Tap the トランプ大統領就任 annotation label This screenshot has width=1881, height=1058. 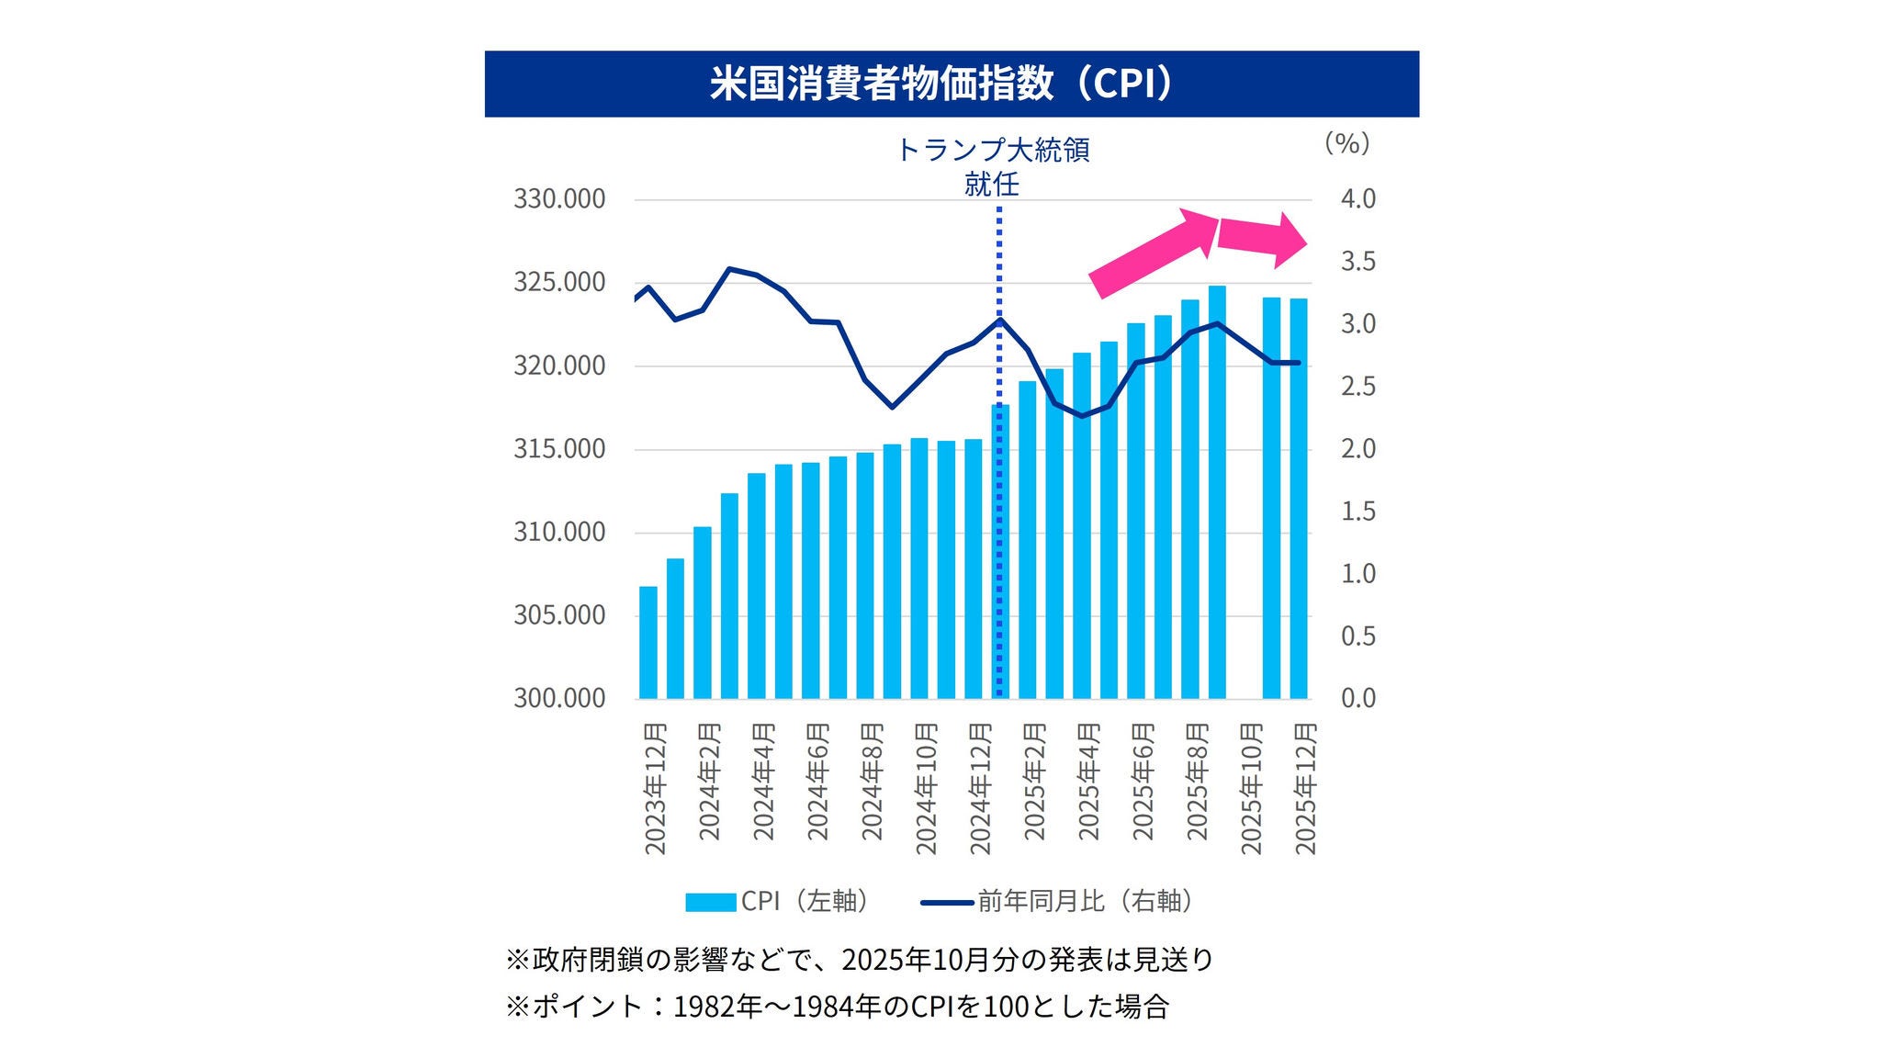[992, 166]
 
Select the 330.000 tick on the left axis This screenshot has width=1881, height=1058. [558, 199]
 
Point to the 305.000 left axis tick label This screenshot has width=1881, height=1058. [558, 615]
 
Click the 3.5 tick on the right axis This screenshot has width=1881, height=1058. [1357, 262]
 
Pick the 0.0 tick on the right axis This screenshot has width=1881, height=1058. [1357, 698]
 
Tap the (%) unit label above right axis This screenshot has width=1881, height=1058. [1346, 143]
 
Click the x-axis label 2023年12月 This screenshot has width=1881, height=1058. [655, 788]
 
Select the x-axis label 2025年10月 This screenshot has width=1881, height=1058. [1252, 788]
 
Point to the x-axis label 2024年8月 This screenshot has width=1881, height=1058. [872, 782]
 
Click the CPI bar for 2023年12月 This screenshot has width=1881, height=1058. [648, 643]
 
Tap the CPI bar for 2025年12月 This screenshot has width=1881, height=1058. [1298, 498]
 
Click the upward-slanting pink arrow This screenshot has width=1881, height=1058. [1154, 252]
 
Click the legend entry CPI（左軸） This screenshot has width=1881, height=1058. [777, 902]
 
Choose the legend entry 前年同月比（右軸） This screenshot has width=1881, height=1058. [1058, 902]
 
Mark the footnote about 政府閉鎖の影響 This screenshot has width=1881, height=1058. [860, 960]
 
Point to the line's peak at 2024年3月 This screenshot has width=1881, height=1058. [729, 269]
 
